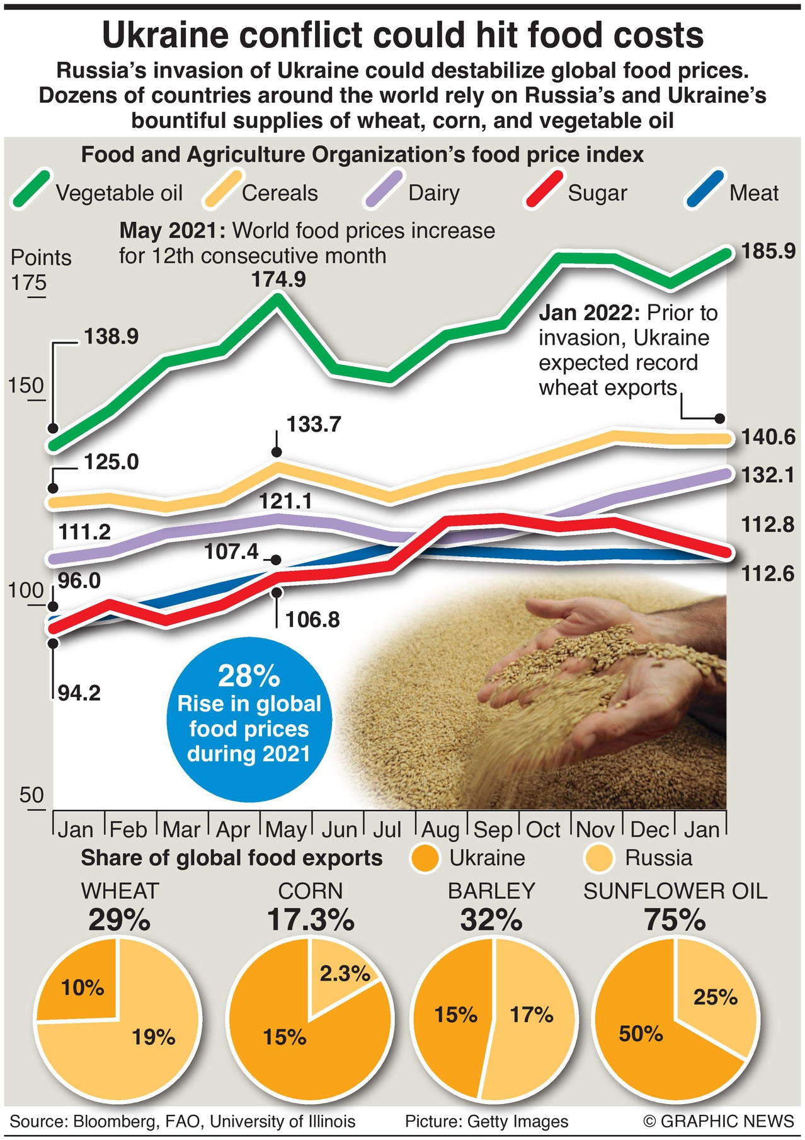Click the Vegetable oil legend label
point(119,193)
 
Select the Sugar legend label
point(597,193)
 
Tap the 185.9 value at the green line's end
point(768,251)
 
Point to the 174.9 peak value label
point(278,279)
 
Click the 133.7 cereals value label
point(314,425)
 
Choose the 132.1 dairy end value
point(768,475)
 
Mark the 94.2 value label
point(79,693)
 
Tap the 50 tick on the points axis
point(31,795)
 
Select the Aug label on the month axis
point(441,830)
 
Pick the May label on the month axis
point(286,830)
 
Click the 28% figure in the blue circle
point(249,676)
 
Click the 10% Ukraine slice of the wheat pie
point(83,987)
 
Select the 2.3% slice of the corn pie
point(345,974)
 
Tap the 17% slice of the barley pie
point(532,1015)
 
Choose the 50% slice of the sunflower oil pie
point(641,1034)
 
